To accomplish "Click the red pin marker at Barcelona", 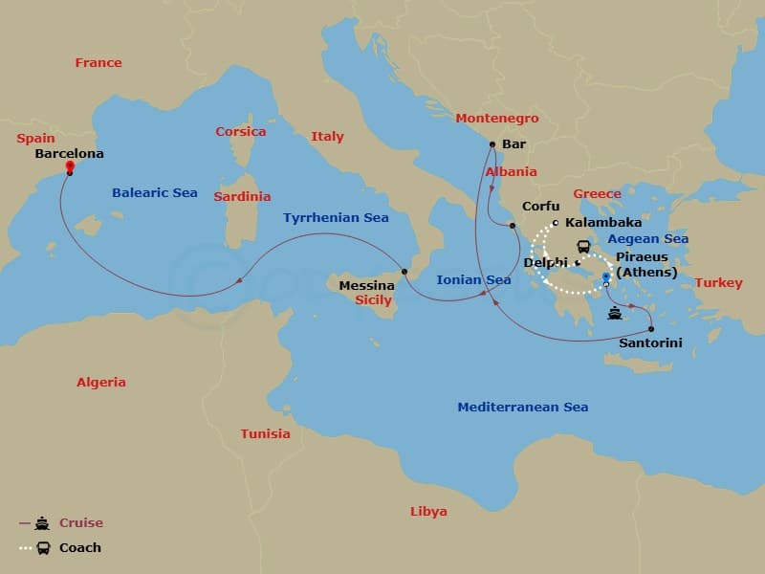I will [x=70, y=166].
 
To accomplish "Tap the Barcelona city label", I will [x=69, y=153].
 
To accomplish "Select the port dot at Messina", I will [x=404, y=272].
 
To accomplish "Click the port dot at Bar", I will [x=492, y=144].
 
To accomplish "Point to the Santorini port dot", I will [x=651, y=328].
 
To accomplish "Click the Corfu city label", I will [x=540, y=207].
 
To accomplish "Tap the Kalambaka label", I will [x=603, y=223].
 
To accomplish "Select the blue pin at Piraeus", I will [x=606, y=277].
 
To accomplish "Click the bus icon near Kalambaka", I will [x=583, y=246].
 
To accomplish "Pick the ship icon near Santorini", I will [x=615, y=312].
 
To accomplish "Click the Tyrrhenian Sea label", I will [x=336, y=218].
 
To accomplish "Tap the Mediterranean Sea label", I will [x=522, y=408].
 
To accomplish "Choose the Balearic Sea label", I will [x=155, y=193].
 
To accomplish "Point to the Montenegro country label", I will [x=497, y=119].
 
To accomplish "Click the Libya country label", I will [x=427, y=512].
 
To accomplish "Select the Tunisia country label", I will [x=265, y=434].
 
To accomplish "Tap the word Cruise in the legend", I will [x=80, y=523].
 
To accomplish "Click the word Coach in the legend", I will [x=80, y=548].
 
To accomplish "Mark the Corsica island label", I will [x=240, y=132].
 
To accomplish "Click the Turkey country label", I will [x=718, y=283].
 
